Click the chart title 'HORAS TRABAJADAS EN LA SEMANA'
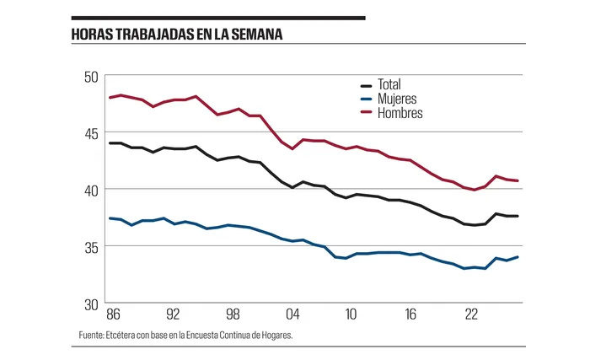176,35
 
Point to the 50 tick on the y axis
91,77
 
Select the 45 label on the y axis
91,133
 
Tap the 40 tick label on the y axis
91,190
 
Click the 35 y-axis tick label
91,247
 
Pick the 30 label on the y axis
91,304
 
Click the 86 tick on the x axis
112,314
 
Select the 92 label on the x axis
172,314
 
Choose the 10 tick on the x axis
351,314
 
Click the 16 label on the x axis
411,314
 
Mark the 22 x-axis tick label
471,314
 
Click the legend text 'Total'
389,85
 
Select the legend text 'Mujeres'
397,99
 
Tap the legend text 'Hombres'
400,112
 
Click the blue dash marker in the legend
367,99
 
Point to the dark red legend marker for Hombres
367,113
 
